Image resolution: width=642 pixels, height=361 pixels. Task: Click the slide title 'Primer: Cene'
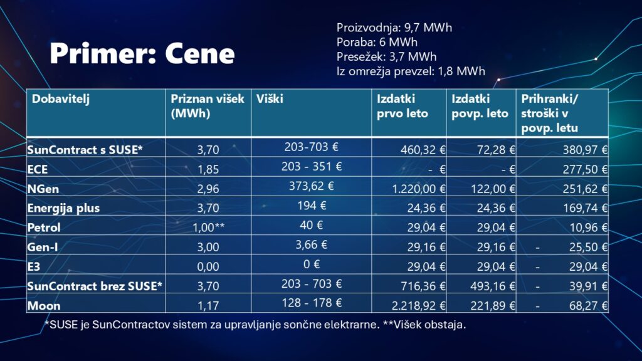click(x=142, y=54)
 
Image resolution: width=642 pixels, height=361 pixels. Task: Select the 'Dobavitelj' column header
click(x=61, y=99)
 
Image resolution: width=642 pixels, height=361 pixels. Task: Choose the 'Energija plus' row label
click(x=63, y=207)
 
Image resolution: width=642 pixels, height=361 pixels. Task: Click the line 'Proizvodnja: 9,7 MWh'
click(x=394, y=28)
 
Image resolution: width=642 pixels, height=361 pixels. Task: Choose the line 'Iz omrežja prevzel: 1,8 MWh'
click(x=411, y=71)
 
